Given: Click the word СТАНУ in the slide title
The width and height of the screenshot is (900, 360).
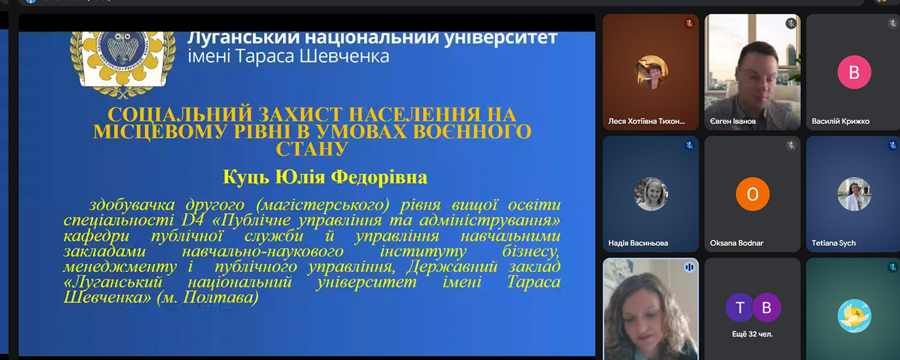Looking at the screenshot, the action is (312, 149).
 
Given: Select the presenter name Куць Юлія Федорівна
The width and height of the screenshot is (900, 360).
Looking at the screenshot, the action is (325, 177).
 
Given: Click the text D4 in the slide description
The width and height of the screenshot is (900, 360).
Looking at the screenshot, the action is (193, 220).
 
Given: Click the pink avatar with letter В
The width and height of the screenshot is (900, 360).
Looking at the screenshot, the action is (854, 73).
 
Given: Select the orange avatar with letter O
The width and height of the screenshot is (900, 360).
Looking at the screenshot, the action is (752, 194).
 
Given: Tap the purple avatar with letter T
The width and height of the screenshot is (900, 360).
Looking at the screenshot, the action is (739, 308).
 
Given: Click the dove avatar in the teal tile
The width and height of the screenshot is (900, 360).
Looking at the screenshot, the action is (854, 316).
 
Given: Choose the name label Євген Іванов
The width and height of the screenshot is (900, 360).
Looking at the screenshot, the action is (733, 121).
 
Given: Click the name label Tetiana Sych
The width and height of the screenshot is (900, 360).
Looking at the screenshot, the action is (834, 243).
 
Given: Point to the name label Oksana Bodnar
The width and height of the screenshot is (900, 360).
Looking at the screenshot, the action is (736, 243).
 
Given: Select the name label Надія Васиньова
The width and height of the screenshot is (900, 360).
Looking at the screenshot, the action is (638, 243).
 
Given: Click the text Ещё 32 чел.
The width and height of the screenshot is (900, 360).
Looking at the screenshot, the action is (752, 334).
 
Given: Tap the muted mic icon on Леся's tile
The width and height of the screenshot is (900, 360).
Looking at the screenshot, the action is (689, 23).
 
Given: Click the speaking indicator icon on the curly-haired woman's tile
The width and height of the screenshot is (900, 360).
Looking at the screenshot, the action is (689, 267).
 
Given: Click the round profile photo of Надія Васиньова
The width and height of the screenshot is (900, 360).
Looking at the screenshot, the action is (651, 194).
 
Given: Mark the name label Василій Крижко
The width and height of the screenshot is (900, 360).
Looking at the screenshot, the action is (841, 121).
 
